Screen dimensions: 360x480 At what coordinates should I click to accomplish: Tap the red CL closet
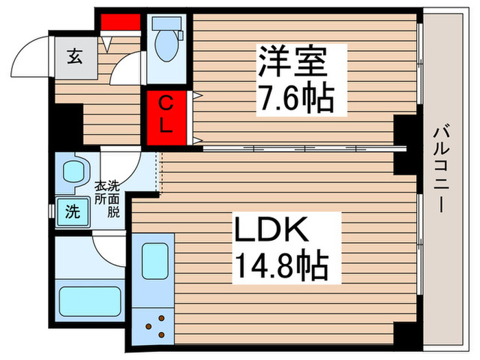click(x=166, y=115)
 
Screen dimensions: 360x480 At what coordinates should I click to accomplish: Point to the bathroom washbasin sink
click(x=73, y=173)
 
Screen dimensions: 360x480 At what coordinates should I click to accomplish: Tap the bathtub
click(x=89, y=299)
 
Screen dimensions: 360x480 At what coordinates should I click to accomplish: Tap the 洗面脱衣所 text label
click(x=108, y=199)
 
